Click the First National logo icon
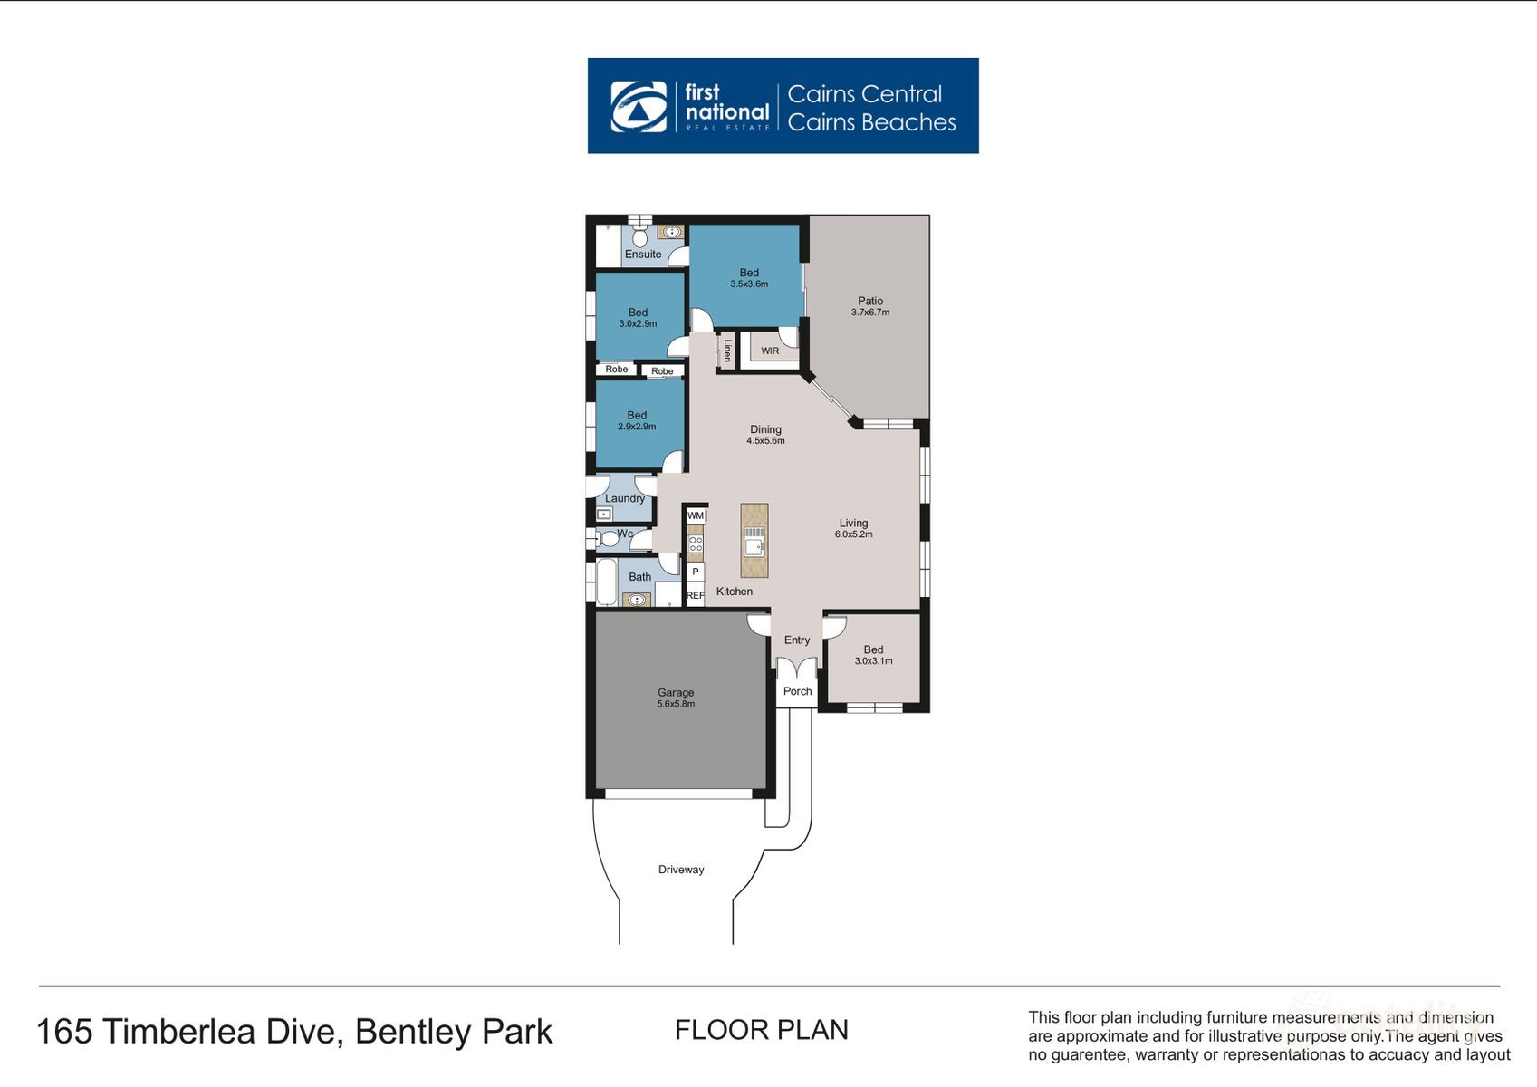638,107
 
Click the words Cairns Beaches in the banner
871,122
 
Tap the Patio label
869,301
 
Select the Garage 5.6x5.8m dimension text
676,704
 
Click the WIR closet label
770,351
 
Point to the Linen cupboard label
726,351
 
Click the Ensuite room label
643,255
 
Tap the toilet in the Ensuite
639,237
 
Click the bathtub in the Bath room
606,582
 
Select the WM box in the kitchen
695,515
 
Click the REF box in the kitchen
695,596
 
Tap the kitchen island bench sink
754,544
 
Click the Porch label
797,691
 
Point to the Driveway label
681,870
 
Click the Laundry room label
625,498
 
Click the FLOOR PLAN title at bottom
761,1031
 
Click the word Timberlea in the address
178,1032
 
